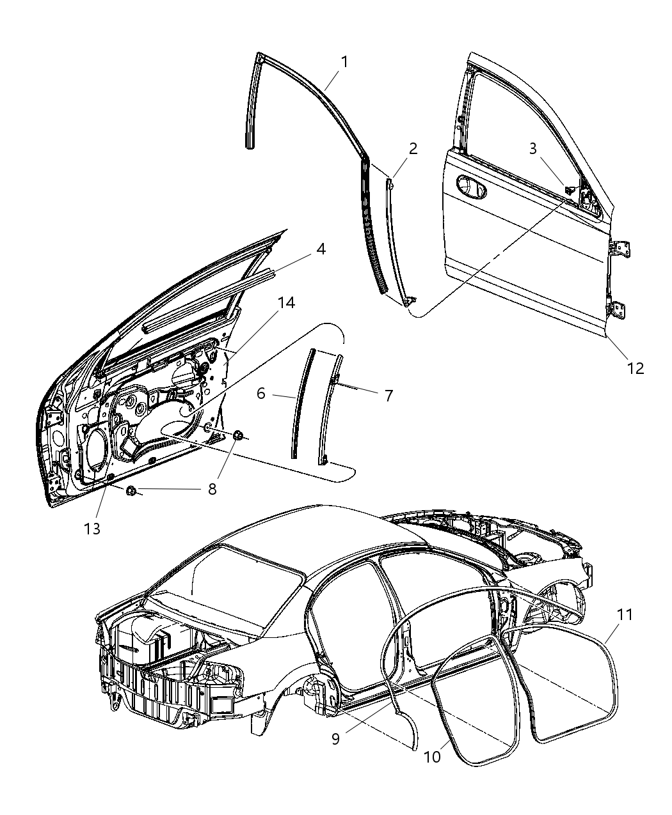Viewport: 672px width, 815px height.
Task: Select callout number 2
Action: click(x=413, y=149)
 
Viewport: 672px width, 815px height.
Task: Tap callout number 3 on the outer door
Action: click(x=532, y=149)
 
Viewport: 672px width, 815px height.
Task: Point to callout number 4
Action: click(x=321, y=249)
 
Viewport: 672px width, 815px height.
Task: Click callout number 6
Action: click(x=261, y=393)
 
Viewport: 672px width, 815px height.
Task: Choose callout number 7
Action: click(x=388, y=395)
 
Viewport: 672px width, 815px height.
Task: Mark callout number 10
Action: click(x=432, y=756)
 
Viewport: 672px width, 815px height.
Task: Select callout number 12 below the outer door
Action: click(x=635, y=368)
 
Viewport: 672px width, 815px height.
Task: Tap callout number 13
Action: click(x=92, y=529)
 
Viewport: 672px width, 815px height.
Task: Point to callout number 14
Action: click(x=286, y=302)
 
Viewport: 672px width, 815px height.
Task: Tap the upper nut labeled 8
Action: click(x=239, y=435)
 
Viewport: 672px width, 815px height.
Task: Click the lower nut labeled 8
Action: click(x=131, y=491)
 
